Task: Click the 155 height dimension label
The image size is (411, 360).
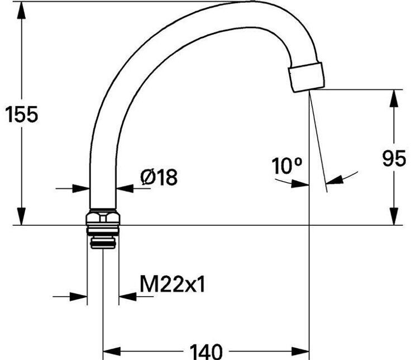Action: (21, 115)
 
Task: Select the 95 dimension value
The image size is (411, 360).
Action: (394, 158)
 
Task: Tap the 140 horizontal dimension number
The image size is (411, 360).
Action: (206, 352)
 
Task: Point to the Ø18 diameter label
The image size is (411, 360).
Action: (159, 177)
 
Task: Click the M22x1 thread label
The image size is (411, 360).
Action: (172, 284)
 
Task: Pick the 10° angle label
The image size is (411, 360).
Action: (287, 166)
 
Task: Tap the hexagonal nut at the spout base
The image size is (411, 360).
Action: (103, 217)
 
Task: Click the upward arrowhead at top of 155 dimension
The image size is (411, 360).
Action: (21, 10)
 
